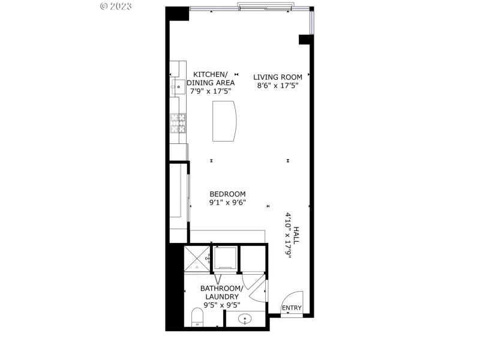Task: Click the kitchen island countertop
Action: (225, 121)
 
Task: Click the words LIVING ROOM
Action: (275, 76)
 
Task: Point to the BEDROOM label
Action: (227, 194)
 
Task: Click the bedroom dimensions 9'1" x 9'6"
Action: (227, 202)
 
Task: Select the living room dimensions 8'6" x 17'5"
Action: (275, 85)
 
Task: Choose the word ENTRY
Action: (292, 308)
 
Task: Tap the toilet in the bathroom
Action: (196, 319)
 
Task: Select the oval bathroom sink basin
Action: (245, 319)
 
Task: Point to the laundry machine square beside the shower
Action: (226, 259)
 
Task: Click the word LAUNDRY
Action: (221, 296)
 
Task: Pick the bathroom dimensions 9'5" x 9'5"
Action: (221, 305)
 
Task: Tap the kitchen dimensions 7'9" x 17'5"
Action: (209, 92)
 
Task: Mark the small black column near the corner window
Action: (304, 39)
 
